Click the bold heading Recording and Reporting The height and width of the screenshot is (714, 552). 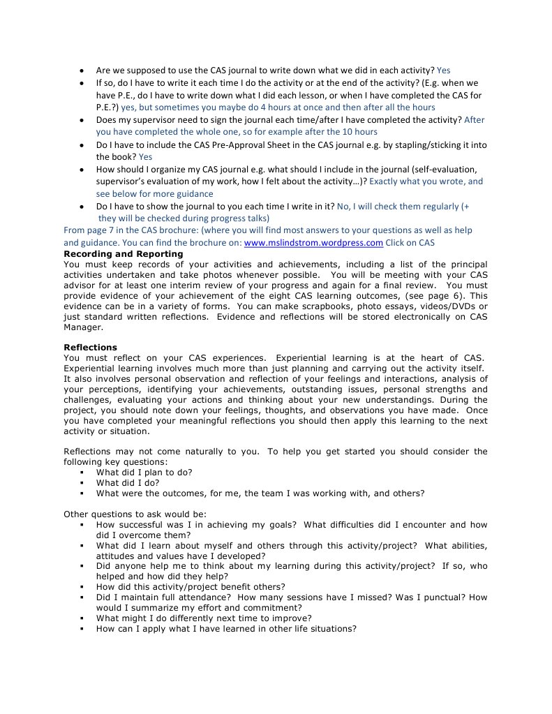(x=123, y=254)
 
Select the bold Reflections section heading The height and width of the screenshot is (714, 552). (x=90, y=348)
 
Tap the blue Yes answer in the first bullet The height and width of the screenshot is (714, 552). (x=443, y=70)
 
